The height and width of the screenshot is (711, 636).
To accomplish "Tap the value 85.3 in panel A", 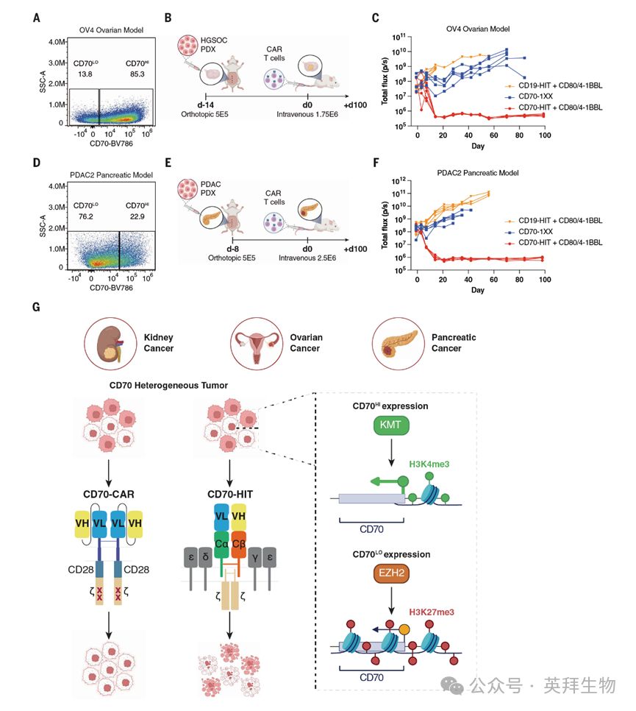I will (x=134, y=74).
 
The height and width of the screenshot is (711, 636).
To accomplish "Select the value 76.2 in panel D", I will (x=82, y=216).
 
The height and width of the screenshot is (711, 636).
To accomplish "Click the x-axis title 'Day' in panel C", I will (x=479, y=147).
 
